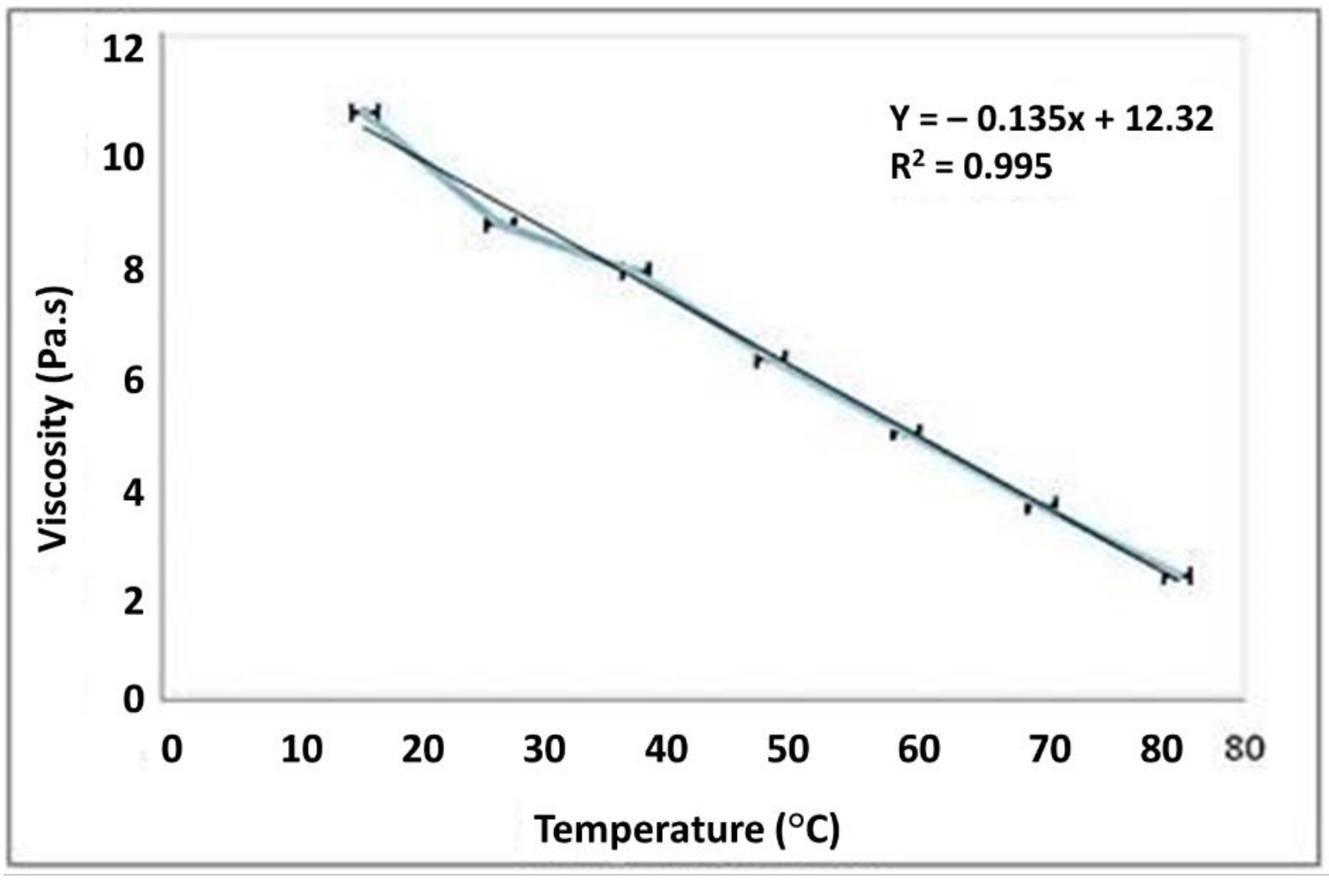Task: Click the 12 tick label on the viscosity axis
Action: (123, 50)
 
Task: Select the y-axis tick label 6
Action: (134, 382)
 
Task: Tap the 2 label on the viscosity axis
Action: (134, 603)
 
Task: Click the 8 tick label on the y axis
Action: (134, 270)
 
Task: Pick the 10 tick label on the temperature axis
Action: (302, 749)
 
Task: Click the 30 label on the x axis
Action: (544, 749)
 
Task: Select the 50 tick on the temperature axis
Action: (788, 749)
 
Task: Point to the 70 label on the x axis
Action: (1050, 749)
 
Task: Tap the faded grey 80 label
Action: (1244, 748)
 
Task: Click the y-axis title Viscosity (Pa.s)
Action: (55, 419)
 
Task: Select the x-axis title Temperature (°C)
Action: (687, 830)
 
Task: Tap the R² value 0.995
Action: (1008, 166)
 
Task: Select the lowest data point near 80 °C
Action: (1177, 576)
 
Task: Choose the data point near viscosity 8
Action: (635, 271)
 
